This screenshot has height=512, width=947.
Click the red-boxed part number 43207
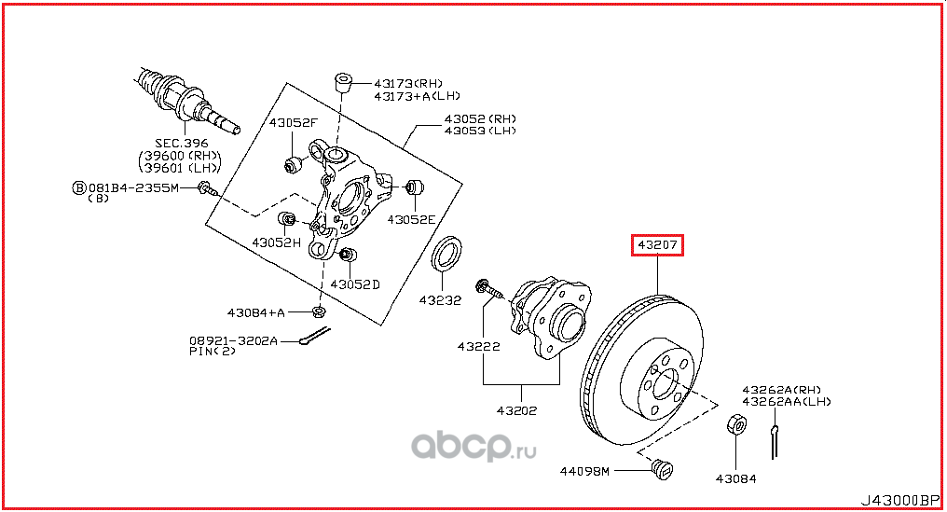(x=659, y=246)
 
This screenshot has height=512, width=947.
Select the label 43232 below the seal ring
(x=439, y=300)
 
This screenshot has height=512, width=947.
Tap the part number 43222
(x=478, y=347)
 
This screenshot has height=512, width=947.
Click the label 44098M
(x=586, y=470)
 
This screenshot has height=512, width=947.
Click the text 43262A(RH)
(x=781, y=389)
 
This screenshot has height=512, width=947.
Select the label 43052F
(x=294, y=122)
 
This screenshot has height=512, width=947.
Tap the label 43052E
(x=413, y=219)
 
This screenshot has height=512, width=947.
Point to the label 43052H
(x=276, y=242)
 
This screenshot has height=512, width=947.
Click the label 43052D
(x=355, y=284)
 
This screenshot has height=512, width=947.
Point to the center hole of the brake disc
(x=664, y=384)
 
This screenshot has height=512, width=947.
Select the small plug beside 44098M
(x=663, y=468)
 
